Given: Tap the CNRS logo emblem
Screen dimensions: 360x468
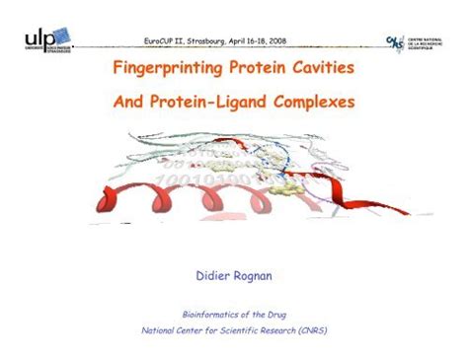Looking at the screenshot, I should [x=395, y=42].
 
